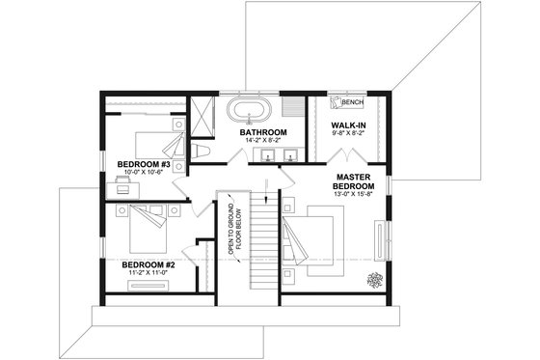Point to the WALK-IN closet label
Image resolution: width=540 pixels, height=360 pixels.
347,125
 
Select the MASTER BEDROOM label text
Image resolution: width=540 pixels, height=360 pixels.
355,183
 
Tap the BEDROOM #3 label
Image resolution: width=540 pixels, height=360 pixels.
144,164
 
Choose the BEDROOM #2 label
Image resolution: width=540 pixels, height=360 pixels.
148,263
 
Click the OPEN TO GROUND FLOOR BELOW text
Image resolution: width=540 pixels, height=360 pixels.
232,229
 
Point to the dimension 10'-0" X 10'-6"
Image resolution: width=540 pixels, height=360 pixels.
144,174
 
